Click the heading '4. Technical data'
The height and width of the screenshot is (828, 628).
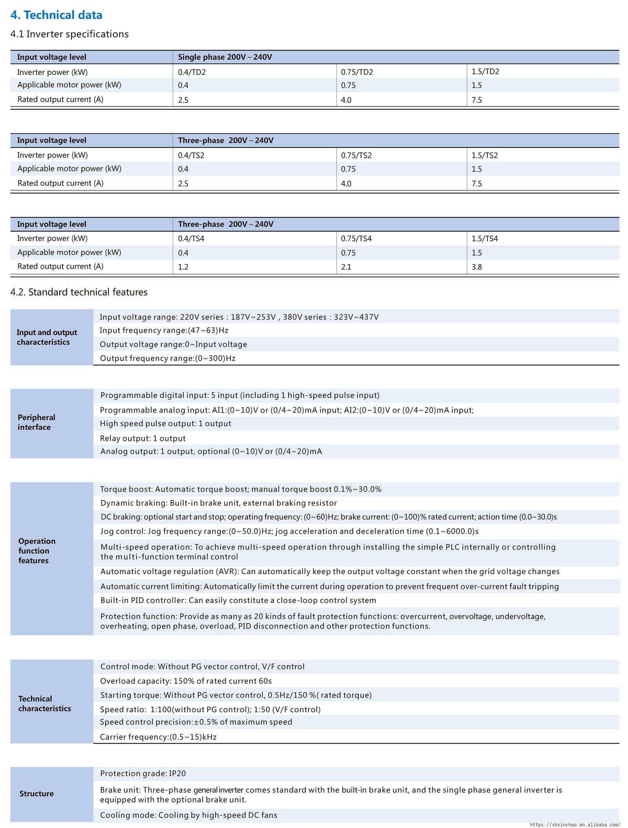[56, 15]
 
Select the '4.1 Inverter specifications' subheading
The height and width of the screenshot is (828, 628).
[69, 34]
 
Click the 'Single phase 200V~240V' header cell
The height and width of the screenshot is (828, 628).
[225, 57]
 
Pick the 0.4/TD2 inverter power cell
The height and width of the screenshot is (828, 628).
[192, 72]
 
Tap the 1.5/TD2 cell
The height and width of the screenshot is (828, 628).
[485, 71]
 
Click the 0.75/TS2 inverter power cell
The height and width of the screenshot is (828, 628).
[356, 155]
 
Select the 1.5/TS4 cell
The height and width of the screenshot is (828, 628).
[484, 239]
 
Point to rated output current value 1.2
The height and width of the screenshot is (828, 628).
[183, 267]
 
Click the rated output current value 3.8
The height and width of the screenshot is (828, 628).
[476, 267]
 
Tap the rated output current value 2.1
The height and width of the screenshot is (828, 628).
[346, 267]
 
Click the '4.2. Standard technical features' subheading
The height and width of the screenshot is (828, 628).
[79, 292]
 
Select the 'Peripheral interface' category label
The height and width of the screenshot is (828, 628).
[36, 422]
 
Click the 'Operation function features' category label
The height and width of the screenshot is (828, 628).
[37, 551]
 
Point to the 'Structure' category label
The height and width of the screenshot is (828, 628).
[37, 793]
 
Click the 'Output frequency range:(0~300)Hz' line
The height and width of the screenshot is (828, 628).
[168, 358]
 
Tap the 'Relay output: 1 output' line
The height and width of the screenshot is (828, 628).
[142, 438]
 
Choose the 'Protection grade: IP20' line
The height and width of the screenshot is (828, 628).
[143, 773]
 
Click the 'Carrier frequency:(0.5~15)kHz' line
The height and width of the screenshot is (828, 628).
[158, 737]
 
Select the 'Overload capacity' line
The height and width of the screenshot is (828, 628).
[186, 681]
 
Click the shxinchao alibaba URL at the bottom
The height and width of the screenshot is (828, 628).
[575, 824]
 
